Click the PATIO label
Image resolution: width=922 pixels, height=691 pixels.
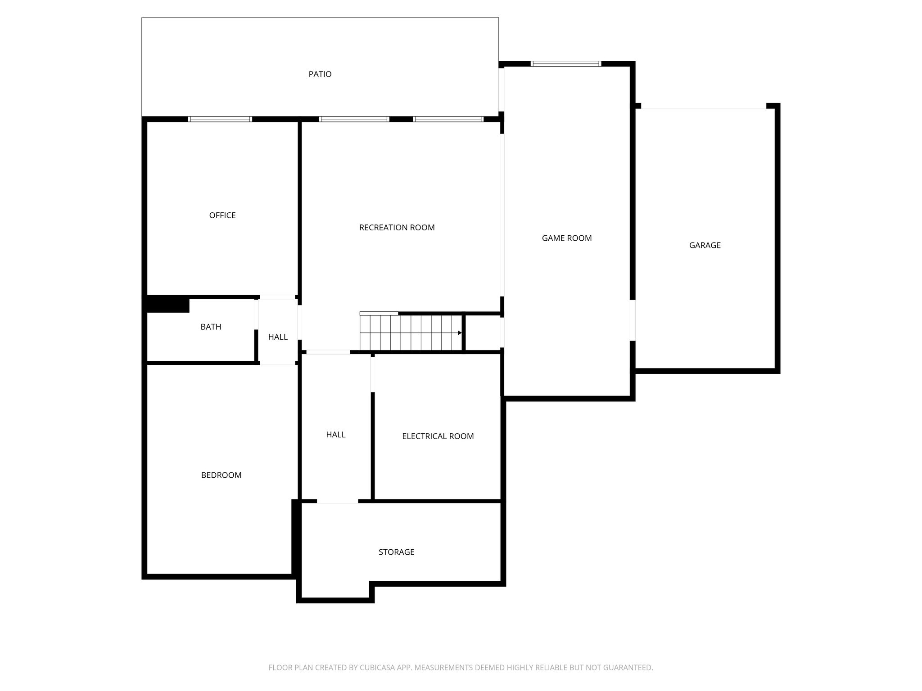pyautogui.click(x=320, y=74)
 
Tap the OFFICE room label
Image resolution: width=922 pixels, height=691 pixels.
pyautogui.click(x=222, y=215)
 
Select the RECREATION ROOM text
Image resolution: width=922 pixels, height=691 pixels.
pyautogui.click(x=397, y=228)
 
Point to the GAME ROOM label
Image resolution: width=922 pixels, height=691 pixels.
pyautogui.click(x=567, y=238)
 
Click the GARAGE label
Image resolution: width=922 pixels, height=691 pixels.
pyautogui.click(x=705, y=245)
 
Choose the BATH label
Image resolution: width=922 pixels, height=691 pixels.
pyautogui.click(x=211, y=327)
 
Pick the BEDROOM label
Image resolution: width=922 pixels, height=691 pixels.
pyautogui.click(x=221, y=475)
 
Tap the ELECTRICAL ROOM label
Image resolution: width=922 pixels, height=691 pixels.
pyautogui.click(x=438, y=436)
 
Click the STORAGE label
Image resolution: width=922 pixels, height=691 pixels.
pyautogui.click(x=396, y=552)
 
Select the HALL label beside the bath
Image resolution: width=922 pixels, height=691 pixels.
pyautogui.click(x=278, y=337)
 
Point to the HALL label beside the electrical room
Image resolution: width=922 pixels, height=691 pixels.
pyautogui.click(x=336, y=435)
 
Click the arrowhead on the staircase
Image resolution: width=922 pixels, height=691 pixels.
pyautogui.click(x=460, y=333)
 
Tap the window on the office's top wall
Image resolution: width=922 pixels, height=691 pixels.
pyautogui.click(x=220, y=119)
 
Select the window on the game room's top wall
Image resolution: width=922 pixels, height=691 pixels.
pyautogui.click(x=566, y=63)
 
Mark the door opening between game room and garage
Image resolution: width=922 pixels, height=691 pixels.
pyautogui.click(x=633, y=320)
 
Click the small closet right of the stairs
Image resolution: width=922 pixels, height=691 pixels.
pyautogui.click(x=483, y=332)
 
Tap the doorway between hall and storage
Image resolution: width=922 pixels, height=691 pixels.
pyautogui.click(x=338, y=501)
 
